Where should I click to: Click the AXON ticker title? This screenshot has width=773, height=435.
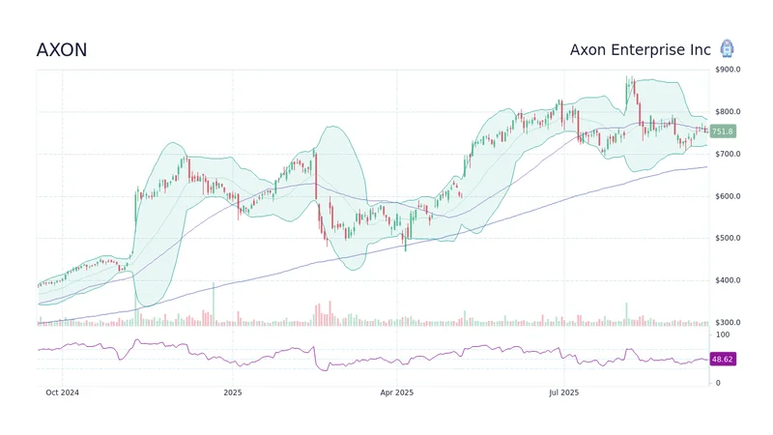tap(61, 50)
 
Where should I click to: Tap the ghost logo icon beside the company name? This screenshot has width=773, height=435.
tap(727, 49)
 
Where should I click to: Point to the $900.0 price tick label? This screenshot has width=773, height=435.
tap(728, 70)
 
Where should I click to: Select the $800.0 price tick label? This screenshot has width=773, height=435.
tap(728, 112)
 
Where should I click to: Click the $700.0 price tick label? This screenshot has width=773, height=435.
tap(728, 155)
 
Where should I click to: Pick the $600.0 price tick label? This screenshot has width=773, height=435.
tap(728, 196)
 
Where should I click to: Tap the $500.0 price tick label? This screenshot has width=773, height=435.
tap(728, 238)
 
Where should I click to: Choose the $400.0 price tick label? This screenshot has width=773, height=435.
tap(728, 280)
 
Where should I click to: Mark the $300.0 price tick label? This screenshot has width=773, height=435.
tap(728, 322)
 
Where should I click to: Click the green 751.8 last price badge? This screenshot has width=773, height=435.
tap(722, 131)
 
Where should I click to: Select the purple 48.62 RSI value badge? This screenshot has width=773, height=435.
tap(722, 359)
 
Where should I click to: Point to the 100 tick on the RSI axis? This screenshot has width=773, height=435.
tap(720, 334)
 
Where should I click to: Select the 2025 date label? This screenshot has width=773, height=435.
tap(232, 392)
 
